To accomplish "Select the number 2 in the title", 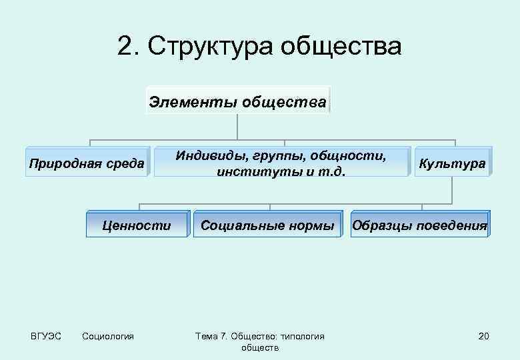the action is point(125,47).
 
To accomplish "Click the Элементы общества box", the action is point(238,102).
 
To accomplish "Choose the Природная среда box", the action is point(87,162).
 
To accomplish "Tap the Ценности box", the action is point(137,225).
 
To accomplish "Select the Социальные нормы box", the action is point(268,226).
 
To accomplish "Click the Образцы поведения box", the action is point(419,225).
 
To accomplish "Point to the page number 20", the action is point(483,336).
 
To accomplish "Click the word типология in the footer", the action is point(303,336).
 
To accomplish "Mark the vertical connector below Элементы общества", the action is point(238,127).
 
